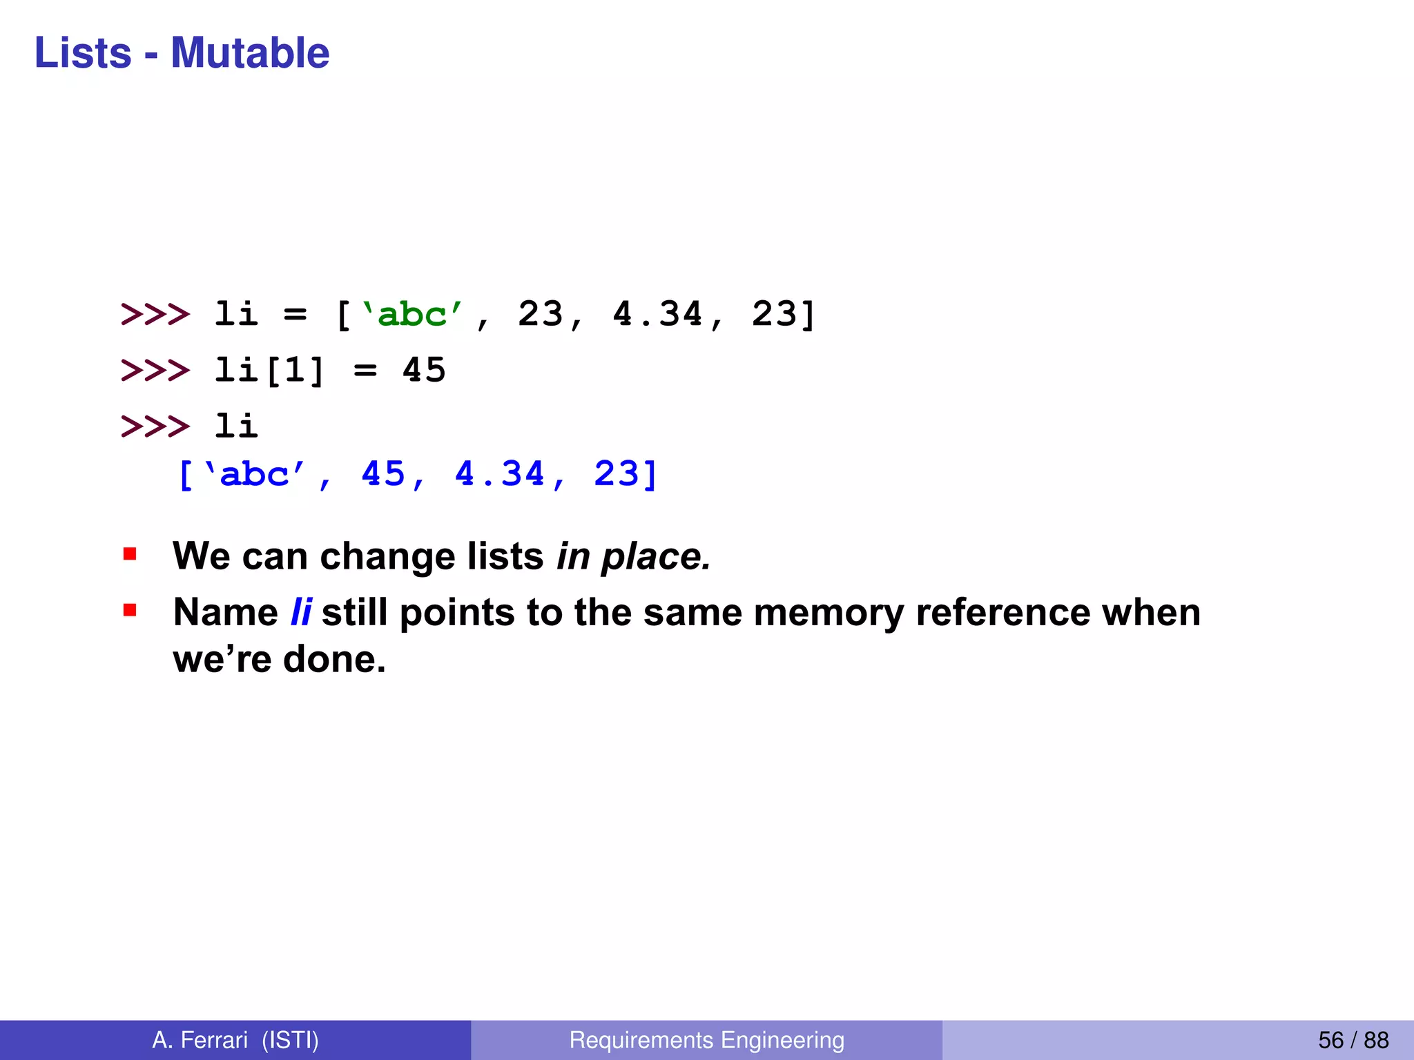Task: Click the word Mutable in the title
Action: click(250, 52)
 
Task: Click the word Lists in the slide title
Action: click(83, 52)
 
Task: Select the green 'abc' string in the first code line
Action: click(412, 315)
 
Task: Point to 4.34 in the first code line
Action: click(658, 315)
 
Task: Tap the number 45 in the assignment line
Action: click(424, 371)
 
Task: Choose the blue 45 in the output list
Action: click(383, 475)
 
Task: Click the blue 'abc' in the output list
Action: click(254, 475)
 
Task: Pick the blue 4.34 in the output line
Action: click(500, 475)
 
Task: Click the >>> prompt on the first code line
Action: click(155, 315)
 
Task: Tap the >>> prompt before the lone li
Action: click(155, 426)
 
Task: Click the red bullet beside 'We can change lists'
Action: click(130, 553)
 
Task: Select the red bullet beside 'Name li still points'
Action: click(130, 610)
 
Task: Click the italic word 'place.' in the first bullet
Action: click(656, 556)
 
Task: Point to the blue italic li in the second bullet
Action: click(301, 612)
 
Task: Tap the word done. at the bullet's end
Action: click(334, 659)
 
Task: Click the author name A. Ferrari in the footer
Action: click(200, 1040)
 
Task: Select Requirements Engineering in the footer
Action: click(706, 1040)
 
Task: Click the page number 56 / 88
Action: click(1353, 1040)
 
